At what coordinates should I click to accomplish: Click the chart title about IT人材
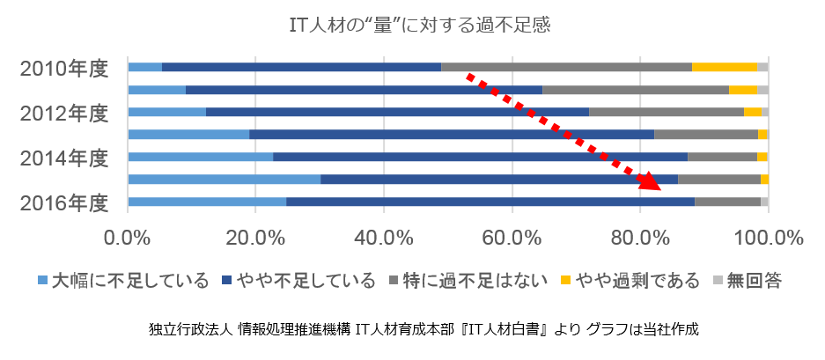pyautogui.click(x=419, y=25)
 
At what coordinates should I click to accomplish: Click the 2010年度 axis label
pyautogui.click(x=64, y=68)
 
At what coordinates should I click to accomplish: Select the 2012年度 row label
pyautogui.click(x=64, y=113)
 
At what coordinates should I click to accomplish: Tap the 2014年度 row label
pyautogui.click(x=64, y=158)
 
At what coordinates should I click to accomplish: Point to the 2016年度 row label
pyautogui.click(x=64, y=202)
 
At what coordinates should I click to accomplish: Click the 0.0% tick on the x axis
pyautogui.click(x=129, y=238)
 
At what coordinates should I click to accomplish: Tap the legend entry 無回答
pyautogui.click(x=749, y=281)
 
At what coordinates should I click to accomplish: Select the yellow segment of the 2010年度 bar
pyautogui.click(x=724, y=67)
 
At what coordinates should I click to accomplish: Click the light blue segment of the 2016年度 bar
pyautogui.click(x=207, y=202)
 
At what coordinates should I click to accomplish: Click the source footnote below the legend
pyautogui.click(x=424, y=330)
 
